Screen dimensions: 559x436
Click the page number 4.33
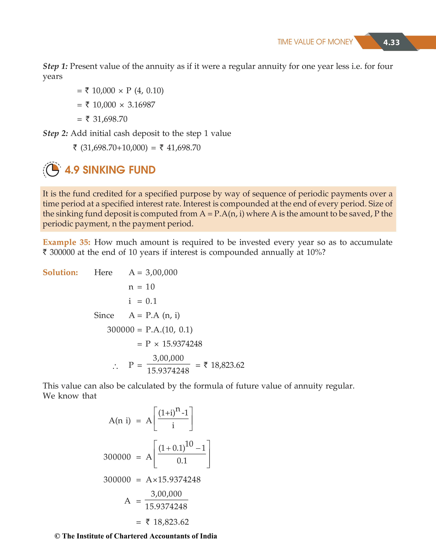pyautogui.click(x=391, y=42)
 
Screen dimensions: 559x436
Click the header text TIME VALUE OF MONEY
pyautogui.click(x=315, y=42)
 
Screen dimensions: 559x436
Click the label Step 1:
pyautogui.click(x=55, y=66)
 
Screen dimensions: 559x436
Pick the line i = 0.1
pyautogui.click(x=142, y=301)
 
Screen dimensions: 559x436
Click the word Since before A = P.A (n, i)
pyautogui.click(x=104, y=315)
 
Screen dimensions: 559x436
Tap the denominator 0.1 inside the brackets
pyautogui.click(x=182, y=461)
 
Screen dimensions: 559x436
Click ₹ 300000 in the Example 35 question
pyautogui.click(x=59, y=252)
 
